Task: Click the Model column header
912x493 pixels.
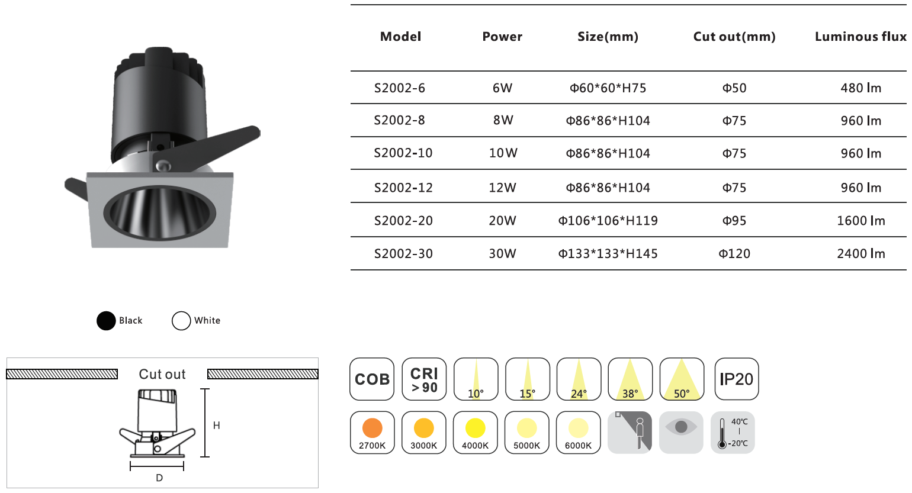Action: (x=400, y=37)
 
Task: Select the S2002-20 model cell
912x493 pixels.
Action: (x=403, y=221)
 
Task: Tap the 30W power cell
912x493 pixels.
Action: (x=502, y=253)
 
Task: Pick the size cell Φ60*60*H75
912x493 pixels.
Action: (x=608, y=88)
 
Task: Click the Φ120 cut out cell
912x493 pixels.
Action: (x=734, y=253)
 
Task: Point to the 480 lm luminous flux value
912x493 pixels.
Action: (x=860, y=88)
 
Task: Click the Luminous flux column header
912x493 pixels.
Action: (x=860, y=37)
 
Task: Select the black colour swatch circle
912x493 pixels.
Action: (x=106, y=321)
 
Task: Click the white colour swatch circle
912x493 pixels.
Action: (x=181, y=321)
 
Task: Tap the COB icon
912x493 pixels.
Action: (x=372, y=379)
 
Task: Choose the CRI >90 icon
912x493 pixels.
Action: (x=424, y=379)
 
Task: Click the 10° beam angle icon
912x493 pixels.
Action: (x=476, y=379)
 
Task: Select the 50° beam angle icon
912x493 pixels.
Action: (x=682, y=379)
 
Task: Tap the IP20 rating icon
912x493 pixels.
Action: (x=737, y=379)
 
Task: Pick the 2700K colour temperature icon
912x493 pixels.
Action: (x=372, y=433)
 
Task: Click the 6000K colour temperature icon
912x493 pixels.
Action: (x=578, y=433)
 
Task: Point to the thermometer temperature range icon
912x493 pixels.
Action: (x=733, y=433)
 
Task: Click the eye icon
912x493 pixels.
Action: (x=681, y=433)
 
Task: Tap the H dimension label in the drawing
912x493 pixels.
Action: (x=216, y=426)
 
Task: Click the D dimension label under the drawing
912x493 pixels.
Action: (x=159, y=478)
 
